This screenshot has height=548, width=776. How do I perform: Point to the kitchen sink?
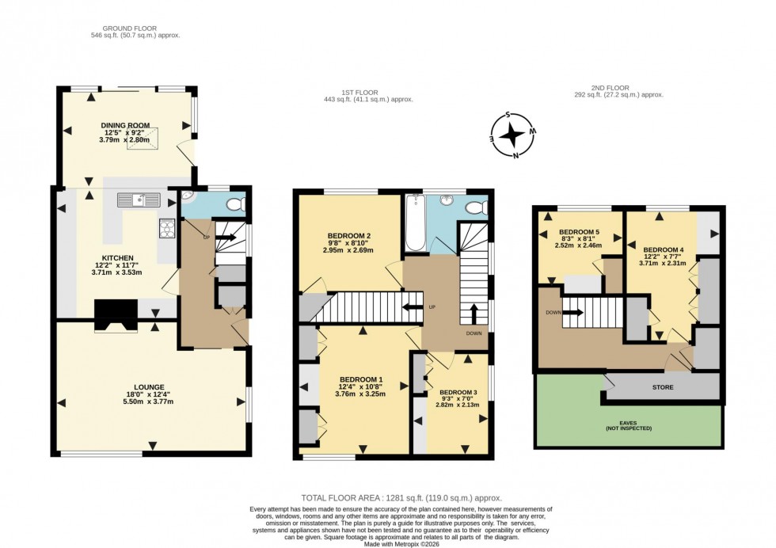click(x=139, y=200)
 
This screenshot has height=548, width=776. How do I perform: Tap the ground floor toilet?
click(x=235, y=205)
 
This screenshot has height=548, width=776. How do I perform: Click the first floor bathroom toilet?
click(x=476, y=207)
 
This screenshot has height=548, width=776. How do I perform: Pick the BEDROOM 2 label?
click(x=349, y=236)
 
